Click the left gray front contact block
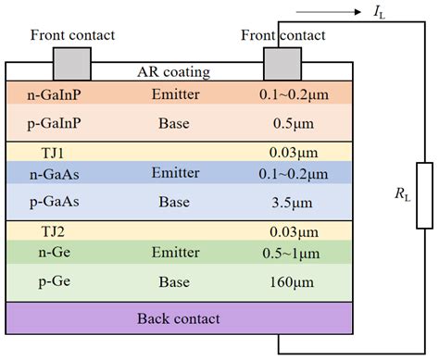(x=72, y=63)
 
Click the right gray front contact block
(x=282, y=63)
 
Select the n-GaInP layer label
(x=48, y=93)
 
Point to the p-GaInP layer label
(x=48, y=122)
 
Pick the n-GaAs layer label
(x=47, y=172)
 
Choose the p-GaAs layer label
(x=47, y=201)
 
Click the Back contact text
(x=179, y=318)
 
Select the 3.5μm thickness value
(x=283, y=201)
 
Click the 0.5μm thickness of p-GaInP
(x=283, y=122)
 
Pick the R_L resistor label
(x=399, y=196)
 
